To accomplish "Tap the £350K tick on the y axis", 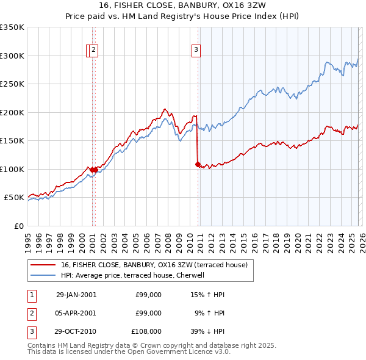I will click(12, 27).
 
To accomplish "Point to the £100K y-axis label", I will click(12, 169).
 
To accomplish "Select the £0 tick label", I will click(18, 226).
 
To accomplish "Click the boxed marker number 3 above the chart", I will click(196, 51).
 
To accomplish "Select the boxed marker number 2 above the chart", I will click(95, 51).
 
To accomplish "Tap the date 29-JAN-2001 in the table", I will click(76, 294).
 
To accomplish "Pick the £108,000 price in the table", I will click(146, 332).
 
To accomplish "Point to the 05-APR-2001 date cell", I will click(76, 313).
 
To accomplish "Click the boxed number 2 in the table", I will click(31, 313).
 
